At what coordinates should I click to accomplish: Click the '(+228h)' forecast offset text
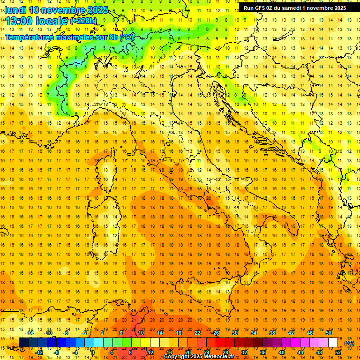tap(83, 21)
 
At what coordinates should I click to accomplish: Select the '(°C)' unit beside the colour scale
tap(349, 343)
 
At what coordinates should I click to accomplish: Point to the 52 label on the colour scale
tap(338, 352)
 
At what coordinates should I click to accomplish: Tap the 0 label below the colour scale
tap(93, 352)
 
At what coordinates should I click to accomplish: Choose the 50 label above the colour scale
tap(329, 333)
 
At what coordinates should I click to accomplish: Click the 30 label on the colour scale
tap(235, 333)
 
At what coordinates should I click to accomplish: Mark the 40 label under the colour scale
tap(282, 352)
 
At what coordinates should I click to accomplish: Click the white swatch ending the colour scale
tap(333, 343)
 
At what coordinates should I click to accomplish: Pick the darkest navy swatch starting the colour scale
tap(23, 343)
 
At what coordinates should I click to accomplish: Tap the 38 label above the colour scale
tap(272, 333)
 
